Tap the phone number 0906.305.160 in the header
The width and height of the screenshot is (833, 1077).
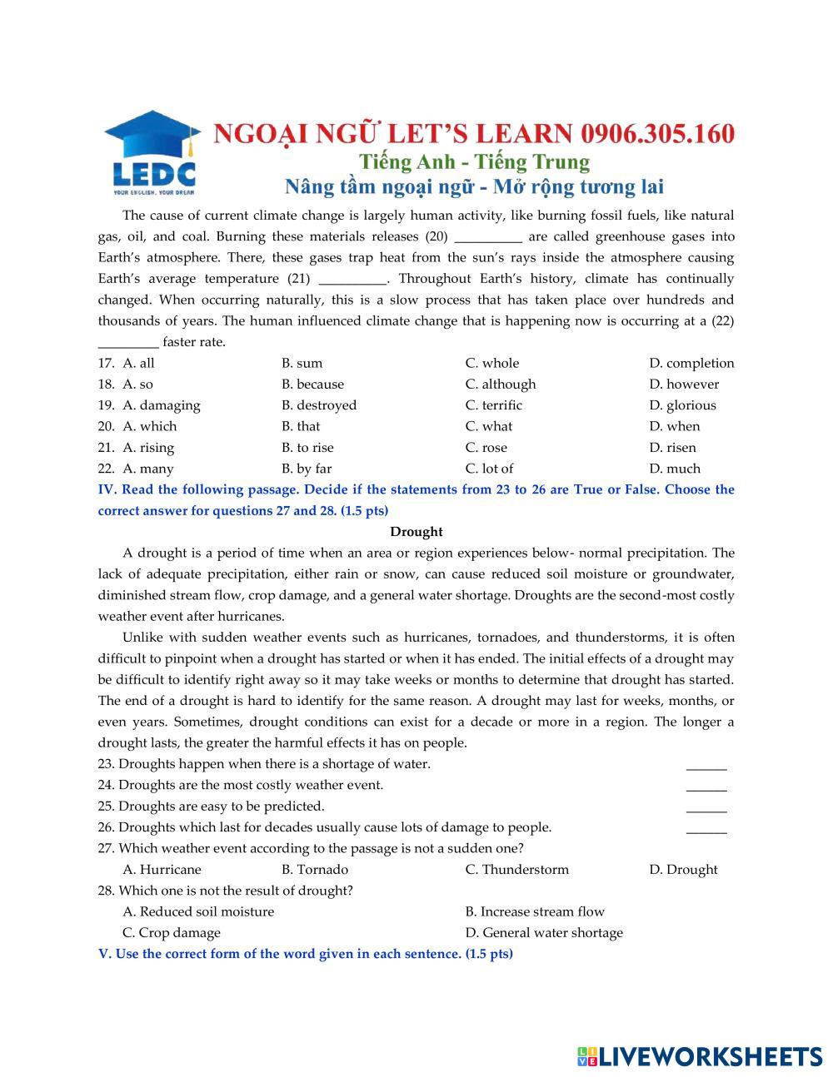point(658,133)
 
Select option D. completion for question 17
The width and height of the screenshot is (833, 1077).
point(691,363)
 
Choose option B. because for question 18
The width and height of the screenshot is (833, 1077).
point(312,384)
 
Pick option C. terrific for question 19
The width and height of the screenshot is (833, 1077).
point(493,405)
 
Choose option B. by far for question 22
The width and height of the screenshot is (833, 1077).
point(307,469)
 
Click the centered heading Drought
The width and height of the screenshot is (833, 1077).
point(416,532)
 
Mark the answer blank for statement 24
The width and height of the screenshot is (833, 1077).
point(706,787)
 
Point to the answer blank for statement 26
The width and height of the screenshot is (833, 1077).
point(706,829)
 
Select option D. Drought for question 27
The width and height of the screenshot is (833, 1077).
point(683,870)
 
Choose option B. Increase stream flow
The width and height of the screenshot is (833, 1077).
point(535,911)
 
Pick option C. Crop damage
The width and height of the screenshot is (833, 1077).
point(172,933)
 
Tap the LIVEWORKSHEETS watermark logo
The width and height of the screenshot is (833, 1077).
point(700,1056)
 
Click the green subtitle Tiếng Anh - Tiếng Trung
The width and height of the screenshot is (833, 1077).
point(474,161)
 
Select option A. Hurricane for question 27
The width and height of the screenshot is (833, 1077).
point(162,870)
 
